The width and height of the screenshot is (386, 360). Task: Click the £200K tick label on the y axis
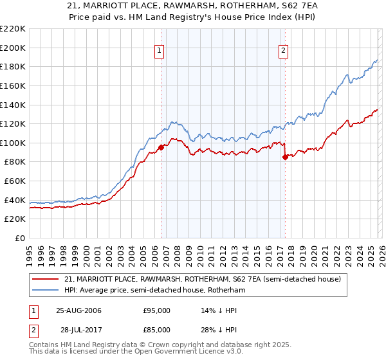click(13, 48)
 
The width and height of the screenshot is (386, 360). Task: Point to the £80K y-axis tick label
click(15, 162)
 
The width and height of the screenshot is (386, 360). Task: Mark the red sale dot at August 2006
click(161, 147)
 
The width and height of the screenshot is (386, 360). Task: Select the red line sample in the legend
click(46, 279)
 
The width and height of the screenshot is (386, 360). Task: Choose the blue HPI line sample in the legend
click(46, 291)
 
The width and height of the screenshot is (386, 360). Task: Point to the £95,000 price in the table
click(157, 310)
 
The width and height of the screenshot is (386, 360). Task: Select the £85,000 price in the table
click(157, 330)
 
